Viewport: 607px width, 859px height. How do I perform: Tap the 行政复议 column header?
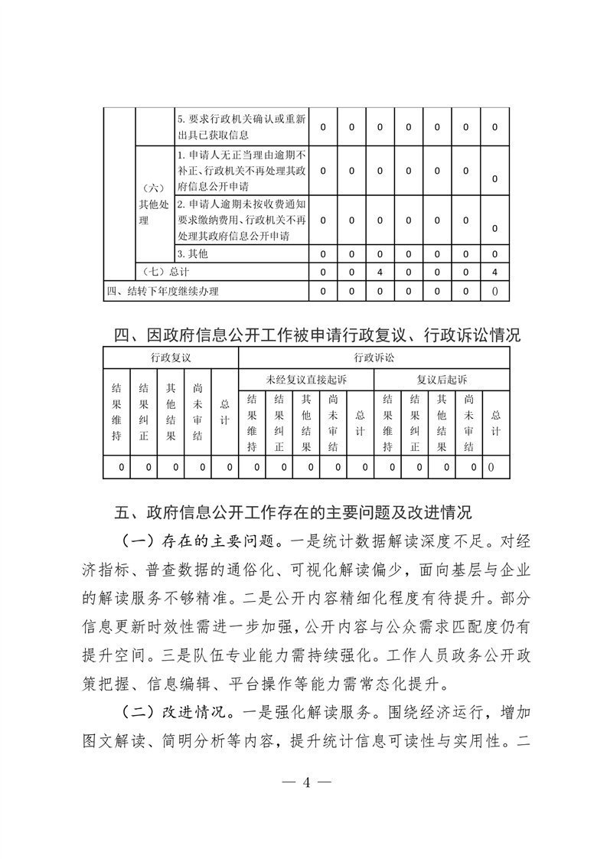(x=171, y=358)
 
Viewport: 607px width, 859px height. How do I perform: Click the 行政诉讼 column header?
(x=374, y=358)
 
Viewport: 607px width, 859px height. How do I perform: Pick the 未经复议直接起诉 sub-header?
(x=306, y=379)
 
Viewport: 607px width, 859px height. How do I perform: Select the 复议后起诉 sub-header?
(x=442, y=379)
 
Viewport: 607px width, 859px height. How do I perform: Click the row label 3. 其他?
(x=193, y=253)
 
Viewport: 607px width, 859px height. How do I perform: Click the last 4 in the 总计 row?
(x=495, y=272)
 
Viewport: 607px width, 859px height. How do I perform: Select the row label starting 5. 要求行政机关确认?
(x=241, y=127)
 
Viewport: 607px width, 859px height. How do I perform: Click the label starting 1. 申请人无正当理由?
(x=241, y=170)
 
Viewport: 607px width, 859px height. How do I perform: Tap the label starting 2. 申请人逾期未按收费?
(x=241, y=220)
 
